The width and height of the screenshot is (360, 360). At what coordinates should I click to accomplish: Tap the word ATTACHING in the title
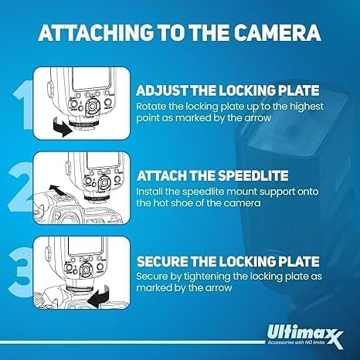96,32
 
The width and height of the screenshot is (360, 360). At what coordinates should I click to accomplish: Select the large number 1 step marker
24,105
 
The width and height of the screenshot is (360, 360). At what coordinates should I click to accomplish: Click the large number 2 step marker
21,187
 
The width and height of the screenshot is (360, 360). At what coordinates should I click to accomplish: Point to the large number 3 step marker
21,272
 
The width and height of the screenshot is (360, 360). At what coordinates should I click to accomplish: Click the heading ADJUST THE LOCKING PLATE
228,90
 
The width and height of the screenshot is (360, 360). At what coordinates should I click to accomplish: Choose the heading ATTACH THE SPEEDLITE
212,176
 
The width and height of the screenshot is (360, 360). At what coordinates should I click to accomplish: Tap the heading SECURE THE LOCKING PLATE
228,261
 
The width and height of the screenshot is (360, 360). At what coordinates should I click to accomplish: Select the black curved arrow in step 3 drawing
99,296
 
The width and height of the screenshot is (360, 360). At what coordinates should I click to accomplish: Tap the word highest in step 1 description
307,107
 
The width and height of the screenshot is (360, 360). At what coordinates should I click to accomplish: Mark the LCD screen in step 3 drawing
87,246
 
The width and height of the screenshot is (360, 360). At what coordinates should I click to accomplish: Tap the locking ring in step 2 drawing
97,199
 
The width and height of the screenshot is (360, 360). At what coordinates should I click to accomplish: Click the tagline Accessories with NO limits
296,342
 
